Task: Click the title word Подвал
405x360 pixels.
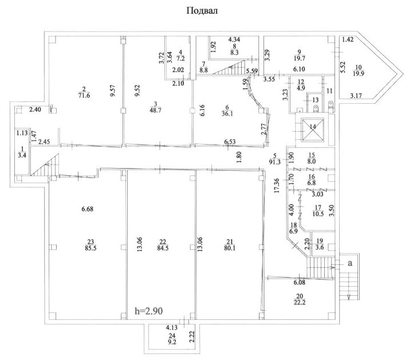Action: [202, 10]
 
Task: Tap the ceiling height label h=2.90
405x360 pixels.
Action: [149, 311]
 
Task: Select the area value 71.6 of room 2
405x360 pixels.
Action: [84, 95]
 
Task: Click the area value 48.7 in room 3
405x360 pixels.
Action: [155, 110]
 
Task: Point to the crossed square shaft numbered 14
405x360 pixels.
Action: [313, 130]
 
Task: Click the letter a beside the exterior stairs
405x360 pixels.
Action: [350, 263]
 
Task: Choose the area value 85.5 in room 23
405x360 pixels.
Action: [91, 248]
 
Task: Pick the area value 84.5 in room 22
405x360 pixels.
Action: [163, 248]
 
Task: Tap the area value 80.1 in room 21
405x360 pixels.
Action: [230, 248]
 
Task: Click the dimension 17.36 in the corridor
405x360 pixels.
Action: [277, 186]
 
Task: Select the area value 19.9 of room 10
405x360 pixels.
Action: [359, 74]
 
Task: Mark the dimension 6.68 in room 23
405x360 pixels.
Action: [87, 209]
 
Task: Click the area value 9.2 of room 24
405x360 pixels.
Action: [172, 342]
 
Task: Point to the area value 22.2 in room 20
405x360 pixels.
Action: [300, 302]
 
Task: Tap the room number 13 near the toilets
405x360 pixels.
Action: [316, 100]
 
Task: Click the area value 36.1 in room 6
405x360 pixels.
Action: [227, 114]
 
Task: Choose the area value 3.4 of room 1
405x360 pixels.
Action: [23, 155]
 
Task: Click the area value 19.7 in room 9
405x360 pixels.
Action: [300, 58]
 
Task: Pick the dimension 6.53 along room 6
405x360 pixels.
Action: [230, 142]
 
